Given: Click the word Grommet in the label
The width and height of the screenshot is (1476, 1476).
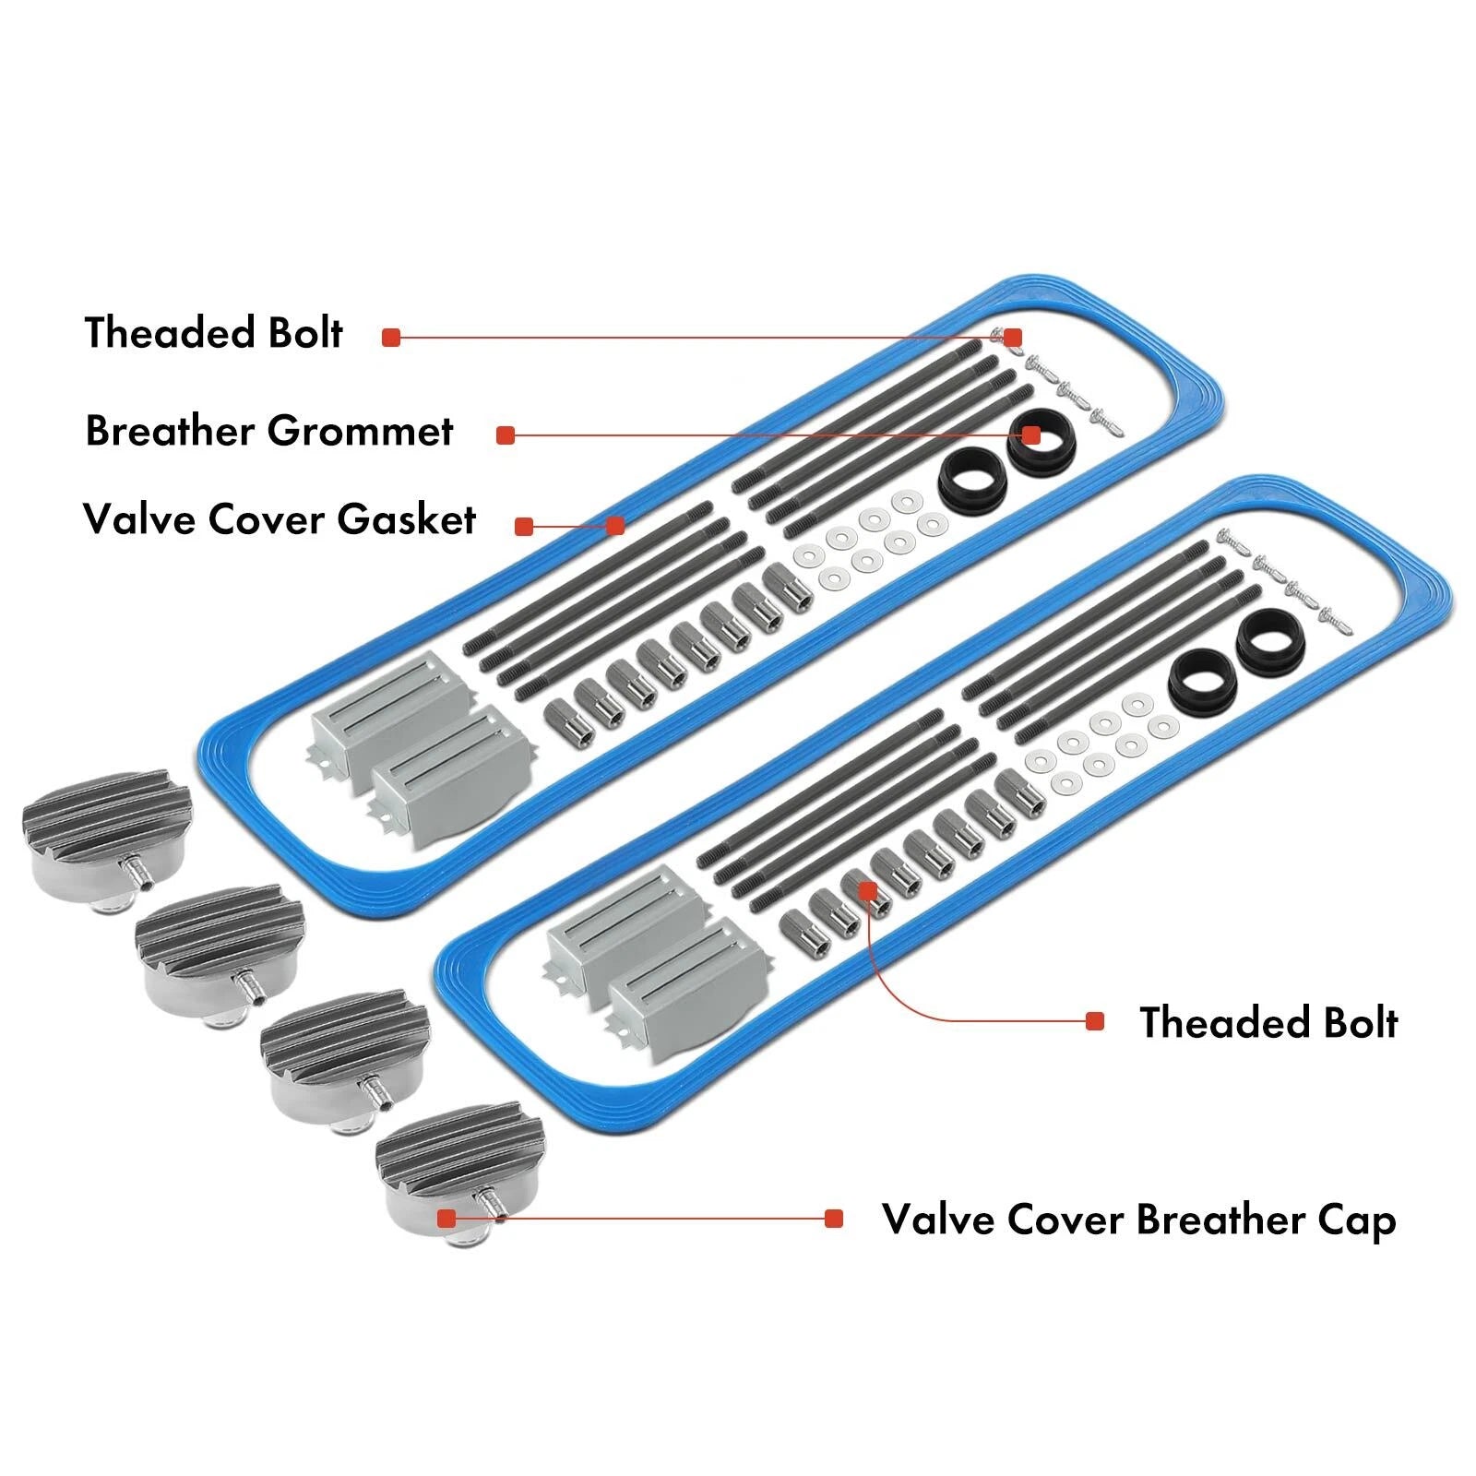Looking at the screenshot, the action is tap(361, 432).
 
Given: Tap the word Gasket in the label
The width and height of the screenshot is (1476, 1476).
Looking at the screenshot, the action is tap(406, 519).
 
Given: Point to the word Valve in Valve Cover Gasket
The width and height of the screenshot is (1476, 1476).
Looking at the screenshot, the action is tap(140, 519).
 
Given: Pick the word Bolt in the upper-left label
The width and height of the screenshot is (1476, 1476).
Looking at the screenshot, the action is tap(304, 332).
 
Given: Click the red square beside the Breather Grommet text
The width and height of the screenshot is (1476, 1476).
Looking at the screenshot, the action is tap(505, 435).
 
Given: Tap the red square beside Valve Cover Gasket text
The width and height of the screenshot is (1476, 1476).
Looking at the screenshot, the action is tap(524, 527).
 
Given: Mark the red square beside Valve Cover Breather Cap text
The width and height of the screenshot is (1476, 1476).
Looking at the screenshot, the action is tap(834, 1219).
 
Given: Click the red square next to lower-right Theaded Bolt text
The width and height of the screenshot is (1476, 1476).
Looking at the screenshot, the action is tap(1095, 1021).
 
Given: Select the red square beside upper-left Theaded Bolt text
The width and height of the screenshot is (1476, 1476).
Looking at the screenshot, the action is tap(391, 338).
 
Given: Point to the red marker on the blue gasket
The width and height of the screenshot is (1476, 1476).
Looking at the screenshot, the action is tap(615, 526).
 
